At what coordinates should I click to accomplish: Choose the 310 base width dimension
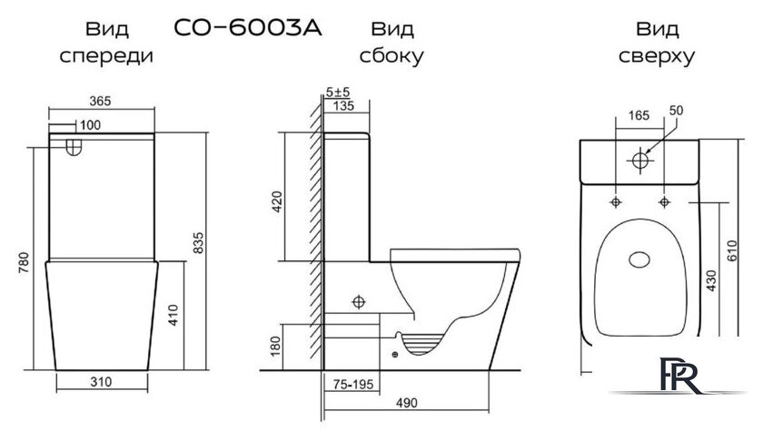coord(102,382)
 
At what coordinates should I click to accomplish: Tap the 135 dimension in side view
coord(346,105)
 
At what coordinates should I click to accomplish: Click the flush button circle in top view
coord(640,161)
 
